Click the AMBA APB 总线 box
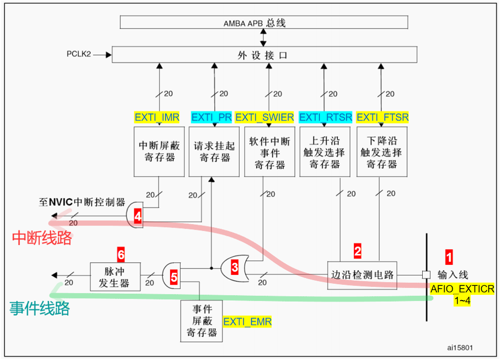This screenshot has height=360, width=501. click(x=264, y=23)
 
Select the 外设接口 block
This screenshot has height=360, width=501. click(x=264, y=55)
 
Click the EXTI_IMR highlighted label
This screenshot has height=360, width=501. click(x=157, y=117)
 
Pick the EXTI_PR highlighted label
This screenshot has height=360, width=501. click(x=211, y=117)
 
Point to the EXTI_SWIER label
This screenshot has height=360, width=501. click(x=265, y=117)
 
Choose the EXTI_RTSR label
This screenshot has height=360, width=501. click(x=326, y=117)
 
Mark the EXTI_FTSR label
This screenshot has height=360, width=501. click(x=382, y=117)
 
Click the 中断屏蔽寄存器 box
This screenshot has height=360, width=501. click(x=157, y=152)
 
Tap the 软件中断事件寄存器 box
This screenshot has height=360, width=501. click(x=269, y=152)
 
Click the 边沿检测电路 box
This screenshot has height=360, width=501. click(x=362, y=275)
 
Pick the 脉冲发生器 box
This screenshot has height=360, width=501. click(x=116, y=276)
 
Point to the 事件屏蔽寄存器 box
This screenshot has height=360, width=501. click(x=201, y=318)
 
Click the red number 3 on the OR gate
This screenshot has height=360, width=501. click(x=235, y=267)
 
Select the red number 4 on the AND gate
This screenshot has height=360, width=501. click(x=138, y=215)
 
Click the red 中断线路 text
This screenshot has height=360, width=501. click(x=42, y=238)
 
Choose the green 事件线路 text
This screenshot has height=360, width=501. click(x=40, y=309)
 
